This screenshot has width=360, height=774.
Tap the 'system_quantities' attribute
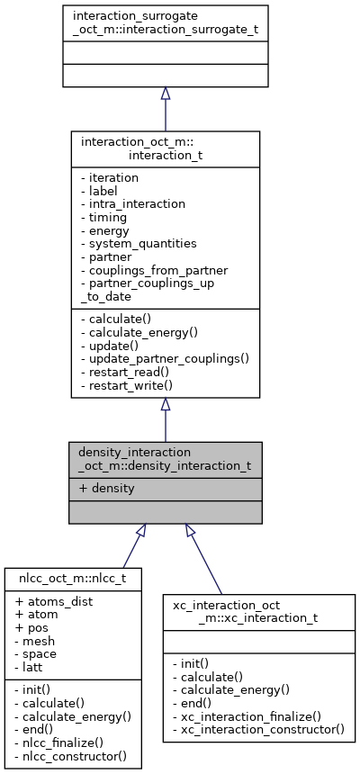point(131,243)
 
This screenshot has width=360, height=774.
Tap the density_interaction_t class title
point(165,459)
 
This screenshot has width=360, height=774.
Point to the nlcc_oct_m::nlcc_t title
point(72,579)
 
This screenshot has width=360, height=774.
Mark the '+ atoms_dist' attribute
point(53,600)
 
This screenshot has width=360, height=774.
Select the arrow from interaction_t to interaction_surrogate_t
point(165,108)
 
